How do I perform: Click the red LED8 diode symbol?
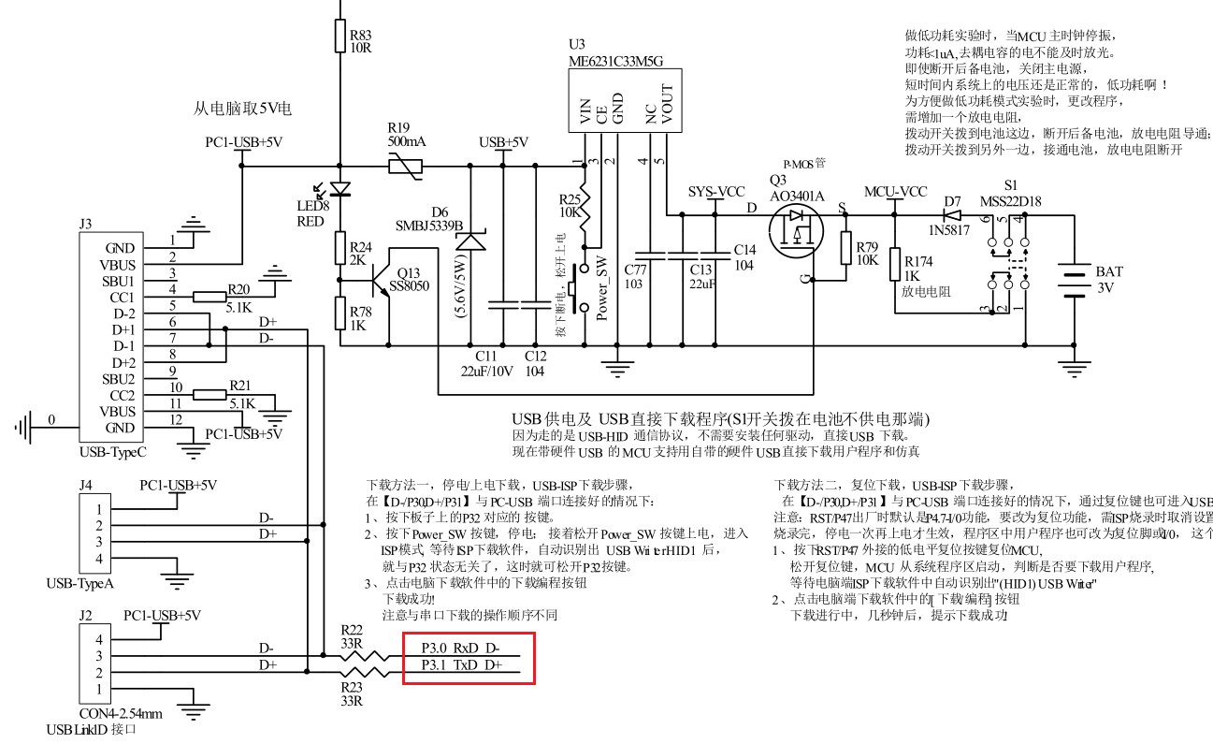coord(340,188)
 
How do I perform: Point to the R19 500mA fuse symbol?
coord(404,168)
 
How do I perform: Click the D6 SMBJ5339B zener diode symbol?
coord(470,241)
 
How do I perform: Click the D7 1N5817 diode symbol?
coord(952,214)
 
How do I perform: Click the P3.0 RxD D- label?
coord(460,648)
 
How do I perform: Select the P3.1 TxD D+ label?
coord(460,665)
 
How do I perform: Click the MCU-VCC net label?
coord(895,192)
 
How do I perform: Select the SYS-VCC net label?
coord(715,192)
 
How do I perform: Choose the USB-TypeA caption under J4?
coord(80,584)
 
